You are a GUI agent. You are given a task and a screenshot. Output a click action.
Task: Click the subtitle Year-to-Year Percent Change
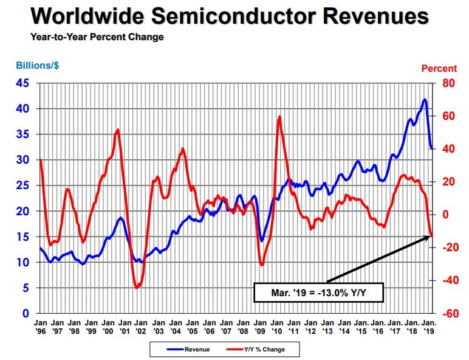pos(97,37)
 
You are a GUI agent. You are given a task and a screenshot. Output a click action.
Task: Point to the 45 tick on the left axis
pos(21,83)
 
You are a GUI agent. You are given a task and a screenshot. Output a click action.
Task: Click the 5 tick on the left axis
pos(25,288)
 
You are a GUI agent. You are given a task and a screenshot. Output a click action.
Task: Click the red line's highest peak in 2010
pos(279,116)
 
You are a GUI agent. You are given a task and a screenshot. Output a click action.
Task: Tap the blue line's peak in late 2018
pos(424,99)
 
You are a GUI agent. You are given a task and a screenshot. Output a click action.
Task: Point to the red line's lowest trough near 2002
pos(137,288)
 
